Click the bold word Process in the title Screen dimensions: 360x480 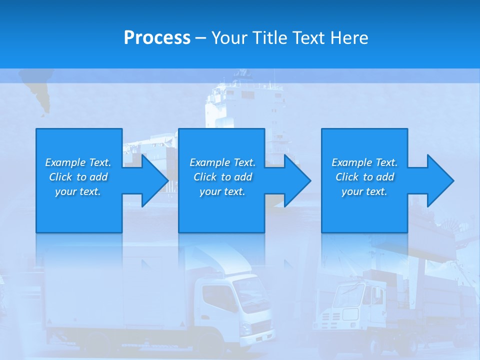(157, 38)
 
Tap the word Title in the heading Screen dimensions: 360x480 (269, 38)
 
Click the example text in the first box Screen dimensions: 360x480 (78, 177)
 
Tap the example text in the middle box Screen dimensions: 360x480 (222, 177)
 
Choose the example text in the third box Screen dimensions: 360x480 (364, 177)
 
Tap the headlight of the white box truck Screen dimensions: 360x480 (245, 327)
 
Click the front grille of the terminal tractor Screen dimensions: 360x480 (332, 315)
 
